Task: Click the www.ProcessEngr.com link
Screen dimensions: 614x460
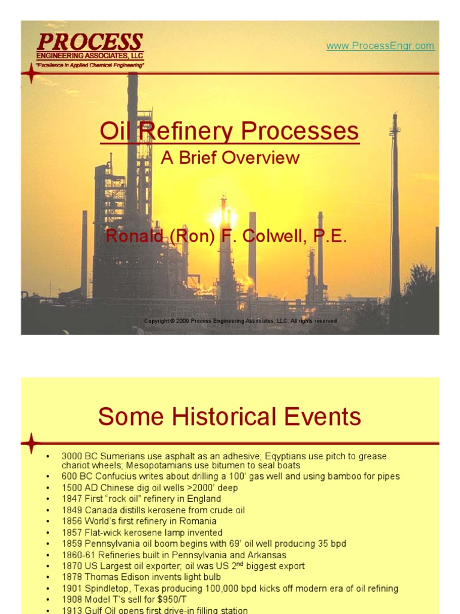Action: click(x=380, y=46)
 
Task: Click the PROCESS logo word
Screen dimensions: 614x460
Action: click(x=90, y=42)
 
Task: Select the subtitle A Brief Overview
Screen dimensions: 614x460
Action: click(x=230, y=158)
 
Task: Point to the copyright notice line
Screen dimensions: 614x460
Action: click(x=241, y=321)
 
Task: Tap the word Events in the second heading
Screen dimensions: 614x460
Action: click(x=324, y=416)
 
